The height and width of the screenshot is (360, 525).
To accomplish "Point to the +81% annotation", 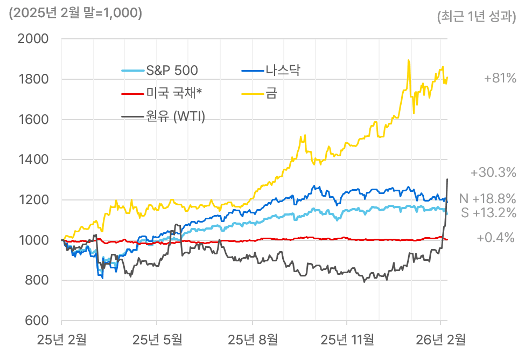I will (500, 79).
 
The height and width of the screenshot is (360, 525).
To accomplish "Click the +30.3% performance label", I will (493, 173).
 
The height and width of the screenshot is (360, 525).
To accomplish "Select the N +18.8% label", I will (488, 198).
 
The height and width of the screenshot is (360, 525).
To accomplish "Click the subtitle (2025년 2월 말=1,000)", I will (75, 13).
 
